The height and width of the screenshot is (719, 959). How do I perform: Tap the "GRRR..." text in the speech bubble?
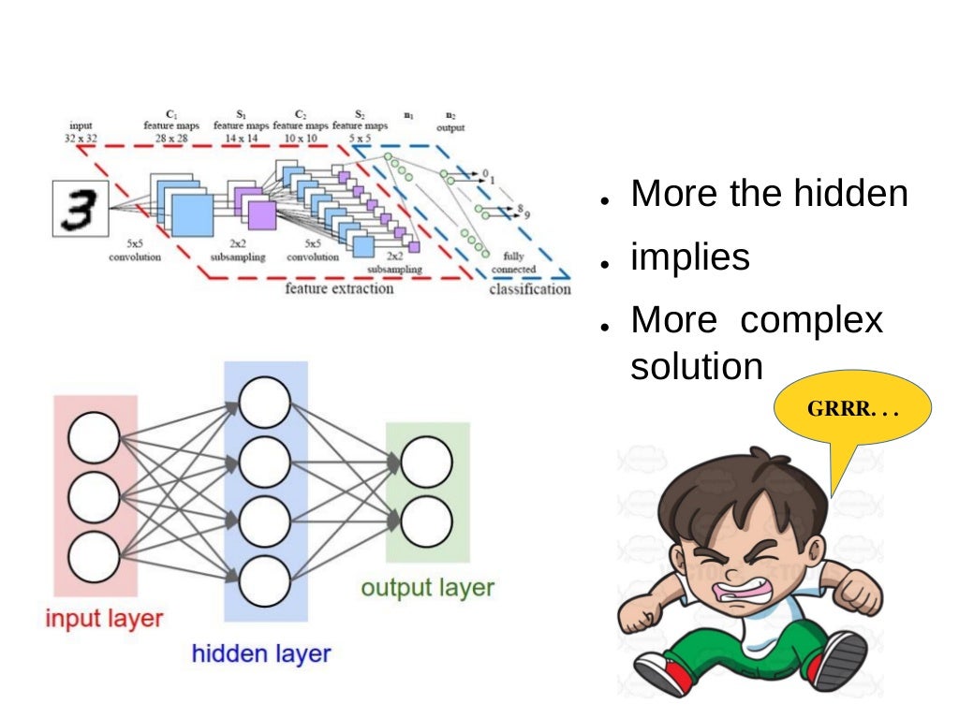point(852,410)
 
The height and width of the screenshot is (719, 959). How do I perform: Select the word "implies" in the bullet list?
point(690,257)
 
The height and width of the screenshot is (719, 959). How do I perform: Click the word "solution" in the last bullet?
point(697,366)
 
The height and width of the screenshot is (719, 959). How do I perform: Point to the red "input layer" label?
point(105,619)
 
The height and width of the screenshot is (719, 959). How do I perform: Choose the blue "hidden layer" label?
point(261,653)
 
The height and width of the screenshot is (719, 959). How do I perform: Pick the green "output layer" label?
point(427,588)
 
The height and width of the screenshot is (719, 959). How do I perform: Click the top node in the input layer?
point(94,437)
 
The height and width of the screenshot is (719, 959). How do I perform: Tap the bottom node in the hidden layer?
point(265,581)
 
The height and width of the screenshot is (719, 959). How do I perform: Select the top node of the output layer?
point(426,462)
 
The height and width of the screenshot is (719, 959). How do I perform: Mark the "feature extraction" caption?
point(339,288)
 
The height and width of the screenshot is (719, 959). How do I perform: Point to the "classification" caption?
point(529,289)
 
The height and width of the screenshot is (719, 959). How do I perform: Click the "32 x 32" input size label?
point(81,138)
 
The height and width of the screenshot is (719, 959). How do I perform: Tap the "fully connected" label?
point(513,262)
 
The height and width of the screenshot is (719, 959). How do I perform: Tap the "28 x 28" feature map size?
point(170,138)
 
